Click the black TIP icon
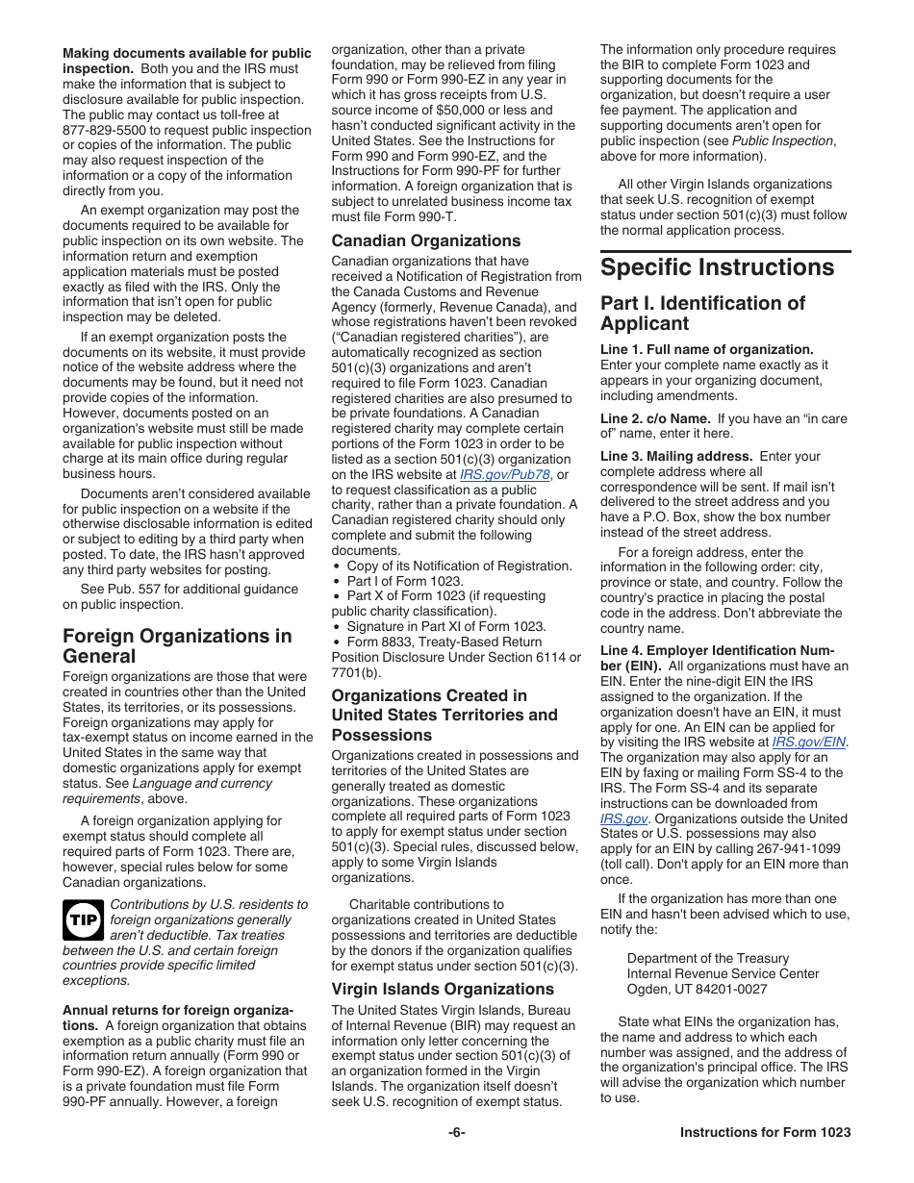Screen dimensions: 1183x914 pos(83,920)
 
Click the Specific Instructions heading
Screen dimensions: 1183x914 pos(717,267)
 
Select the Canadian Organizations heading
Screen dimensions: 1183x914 pos(425,240)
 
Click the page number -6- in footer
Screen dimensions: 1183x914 pos(456,1132)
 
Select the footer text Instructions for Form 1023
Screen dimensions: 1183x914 pos(765,1132)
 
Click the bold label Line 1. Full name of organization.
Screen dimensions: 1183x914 pos(706,349)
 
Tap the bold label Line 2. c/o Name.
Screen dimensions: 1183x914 pos(655,418)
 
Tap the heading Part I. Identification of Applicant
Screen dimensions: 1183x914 pos(702,313)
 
